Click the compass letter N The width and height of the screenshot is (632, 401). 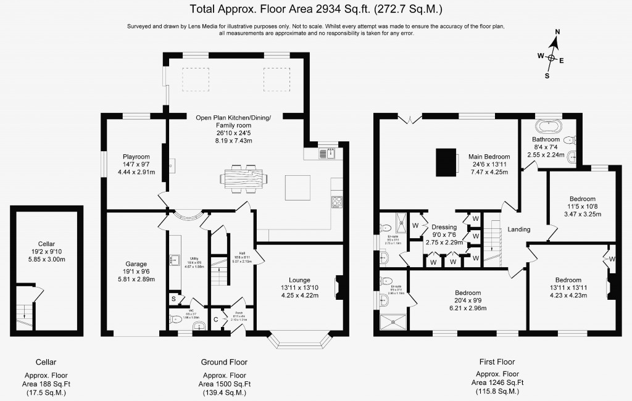tap(557, 31)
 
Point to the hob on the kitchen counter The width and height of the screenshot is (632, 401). tap(337, 201)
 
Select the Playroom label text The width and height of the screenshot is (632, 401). tap(135, 157)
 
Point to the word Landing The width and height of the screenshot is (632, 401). tap(519, 229)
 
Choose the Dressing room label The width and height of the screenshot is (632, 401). tap(444, 227)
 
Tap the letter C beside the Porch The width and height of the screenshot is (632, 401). tap(215, 320)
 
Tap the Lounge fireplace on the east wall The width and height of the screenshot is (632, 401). tap(337, 287)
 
